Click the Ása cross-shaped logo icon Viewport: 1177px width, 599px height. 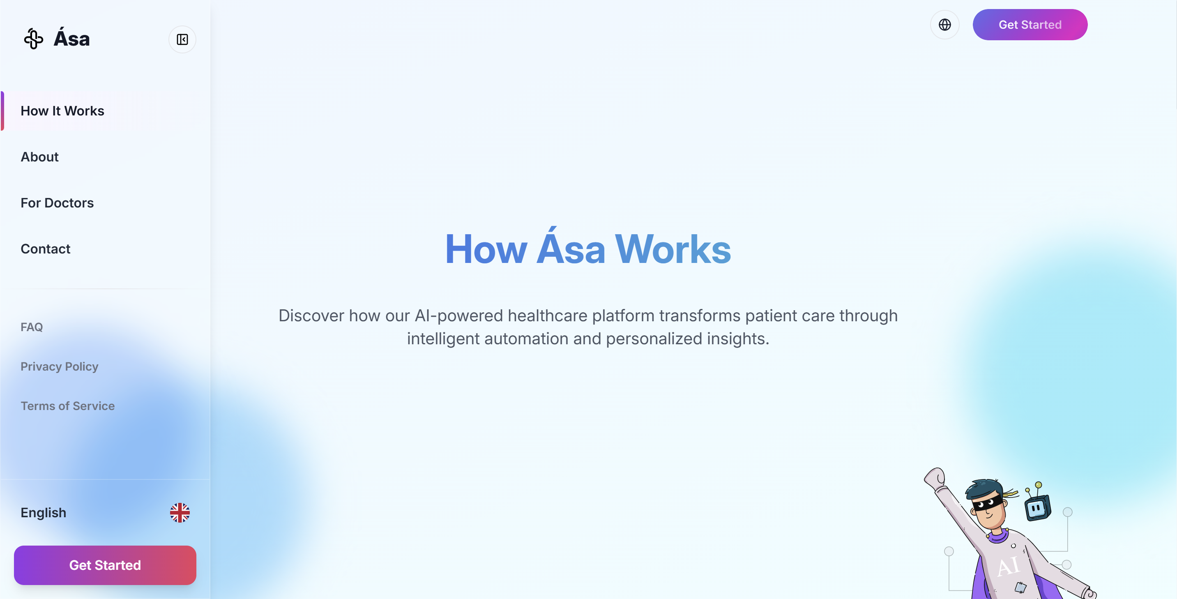coord(33,39)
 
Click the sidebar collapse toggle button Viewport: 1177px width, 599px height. coord(182,39)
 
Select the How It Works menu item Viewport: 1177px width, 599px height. coord(62,111)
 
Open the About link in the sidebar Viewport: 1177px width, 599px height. coord(40,157)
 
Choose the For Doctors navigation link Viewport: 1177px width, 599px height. coord(57,203)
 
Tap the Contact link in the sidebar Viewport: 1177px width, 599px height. coord(45,249)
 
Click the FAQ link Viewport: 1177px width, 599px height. coord(32,327)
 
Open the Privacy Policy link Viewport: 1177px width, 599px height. coord(60,366)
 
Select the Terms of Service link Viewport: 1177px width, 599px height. coord(68,406)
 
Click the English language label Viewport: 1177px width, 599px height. coord(44,513)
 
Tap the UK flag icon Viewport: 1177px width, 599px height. coord(180,513)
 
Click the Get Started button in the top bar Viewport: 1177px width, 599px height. coord(1030,25)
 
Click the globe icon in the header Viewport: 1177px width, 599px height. coord(944,25)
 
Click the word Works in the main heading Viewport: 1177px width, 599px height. coord(673,249)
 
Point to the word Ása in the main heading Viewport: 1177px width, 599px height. coord(571,249)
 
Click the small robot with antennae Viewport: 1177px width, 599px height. coord(1037,506)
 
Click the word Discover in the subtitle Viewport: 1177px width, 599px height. coord(311,316)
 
